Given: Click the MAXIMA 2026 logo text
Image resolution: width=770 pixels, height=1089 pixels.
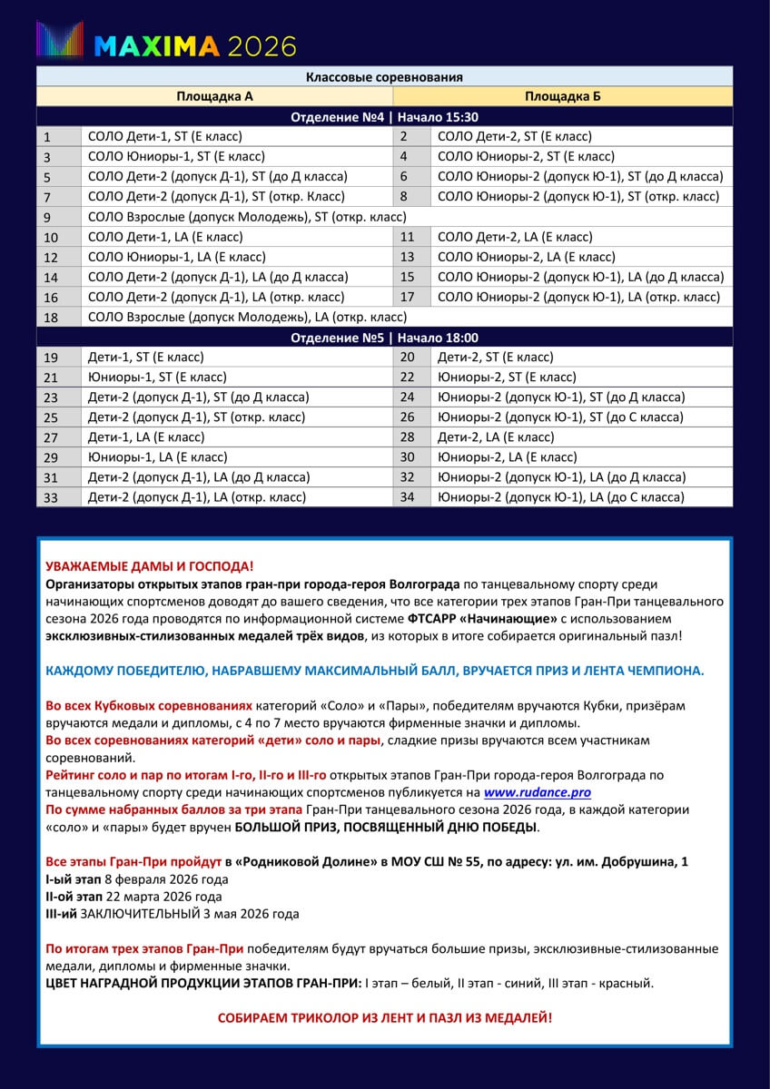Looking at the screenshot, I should [x=194, y=44].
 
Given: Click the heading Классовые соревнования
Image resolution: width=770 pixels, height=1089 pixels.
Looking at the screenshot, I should [x=384, y=77].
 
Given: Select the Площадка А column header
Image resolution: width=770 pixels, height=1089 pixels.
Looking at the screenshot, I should [x=214, y=96].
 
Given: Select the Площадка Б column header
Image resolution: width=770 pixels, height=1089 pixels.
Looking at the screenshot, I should [x=562, y=96].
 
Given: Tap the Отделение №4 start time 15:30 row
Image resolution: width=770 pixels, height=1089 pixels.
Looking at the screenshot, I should [x=384, y=117].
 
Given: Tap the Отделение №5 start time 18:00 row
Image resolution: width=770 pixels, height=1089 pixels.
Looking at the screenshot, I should [x=384, y=338].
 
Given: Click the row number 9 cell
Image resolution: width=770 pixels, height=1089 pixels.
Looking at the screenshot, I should [x=59, y=217].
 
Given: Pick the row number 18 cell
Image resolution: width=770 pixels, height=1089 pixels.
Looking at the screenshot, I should [x=59, y=318].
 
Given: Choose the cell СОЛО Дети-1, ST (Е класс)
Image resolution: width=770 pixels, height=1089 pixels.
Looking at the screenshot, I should [x=165, y=137].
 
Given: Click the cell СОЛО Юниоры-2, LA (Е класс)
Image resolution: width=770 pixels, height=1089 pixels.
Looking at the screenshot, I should [x=526, y=257].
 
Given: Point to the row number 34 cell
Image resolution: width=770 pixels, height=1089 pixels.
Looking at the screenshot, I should [x=411, y=497].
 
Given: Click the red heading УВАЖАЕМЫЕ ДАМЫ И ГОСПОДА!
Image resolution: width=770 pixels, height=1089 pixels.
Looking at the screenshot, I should [x=150, y=566].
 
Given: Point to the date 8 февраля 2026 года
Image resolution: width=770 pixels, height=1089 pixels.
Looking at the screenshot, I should [x=166, y=880].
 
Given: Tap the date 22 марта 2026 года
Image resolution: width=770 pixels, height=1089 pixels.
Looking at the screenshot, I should [x=164, y=897].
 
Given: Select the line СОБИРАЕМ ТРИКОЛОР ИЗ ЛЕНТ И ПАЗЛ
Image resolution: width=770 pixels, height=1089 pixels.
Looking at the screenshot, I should [x=384, y=1017].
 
